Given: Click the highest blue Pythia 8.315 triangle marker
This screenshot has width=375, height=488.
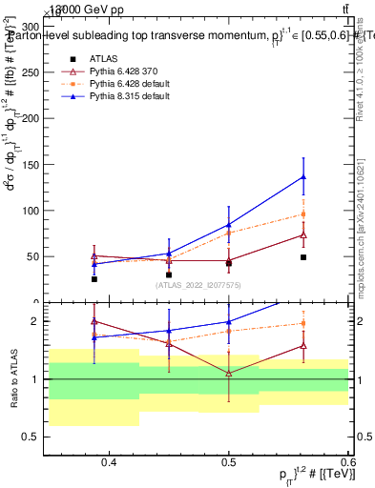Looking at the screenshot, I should pos(303,176).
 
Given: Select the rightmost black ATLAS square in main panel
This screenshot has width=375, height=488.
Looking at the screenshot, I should pos(303,257).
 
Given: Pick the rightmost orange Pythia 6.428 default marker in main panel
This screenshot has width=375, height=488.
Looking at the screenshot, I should pos(303,214).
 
